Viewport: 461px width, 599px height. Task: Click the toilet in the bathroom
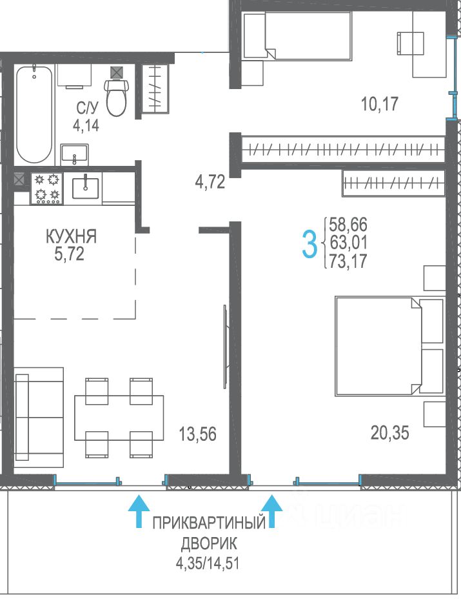pos(117,97)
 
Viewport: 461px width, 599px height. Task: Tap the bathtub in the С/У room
pos(34,115)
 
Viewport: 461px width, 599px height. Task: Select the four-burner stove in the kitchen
pos(47,188)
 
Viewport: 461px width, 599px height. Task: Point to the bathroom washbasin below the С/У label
pos(74,155)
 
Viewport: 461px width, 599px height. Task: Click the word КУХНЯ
pos(71,236)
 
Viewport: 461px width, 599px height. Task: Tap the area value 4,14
pos(86,125)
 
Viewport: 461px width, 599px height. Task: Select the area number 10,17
pos(380,104)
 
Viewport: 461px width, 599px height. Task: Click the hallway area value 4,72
pos(210,182)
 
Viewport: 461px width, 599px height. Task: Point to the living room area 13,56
pos(198,434)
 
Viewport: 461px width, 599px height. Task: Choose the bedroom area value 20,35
pos(389,433)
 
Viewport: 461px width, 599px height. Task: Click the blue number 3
pos(309,245)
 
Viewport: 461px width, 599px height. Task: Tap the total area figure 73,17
pos(348,261)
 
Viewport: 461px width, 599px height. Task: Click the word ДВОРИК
pos(209,543)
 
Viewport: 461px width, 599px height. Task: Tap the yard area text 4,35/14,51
pos(208,563)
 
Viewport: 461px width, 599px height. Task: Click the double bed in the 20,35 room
pos(389,346)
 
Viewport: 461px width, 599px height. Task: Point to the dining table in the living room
pos(119,418)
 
